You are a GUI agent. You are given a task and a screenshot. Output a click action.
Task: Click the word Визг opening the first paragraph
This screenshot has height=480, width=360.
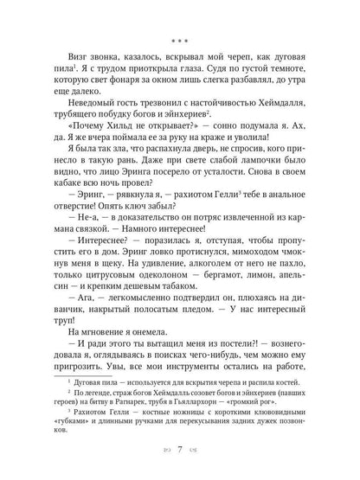pos(67,59)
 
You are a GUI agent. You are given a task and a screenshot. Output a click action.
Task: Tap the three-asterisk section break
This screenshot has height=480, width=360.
pos(179,40)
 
